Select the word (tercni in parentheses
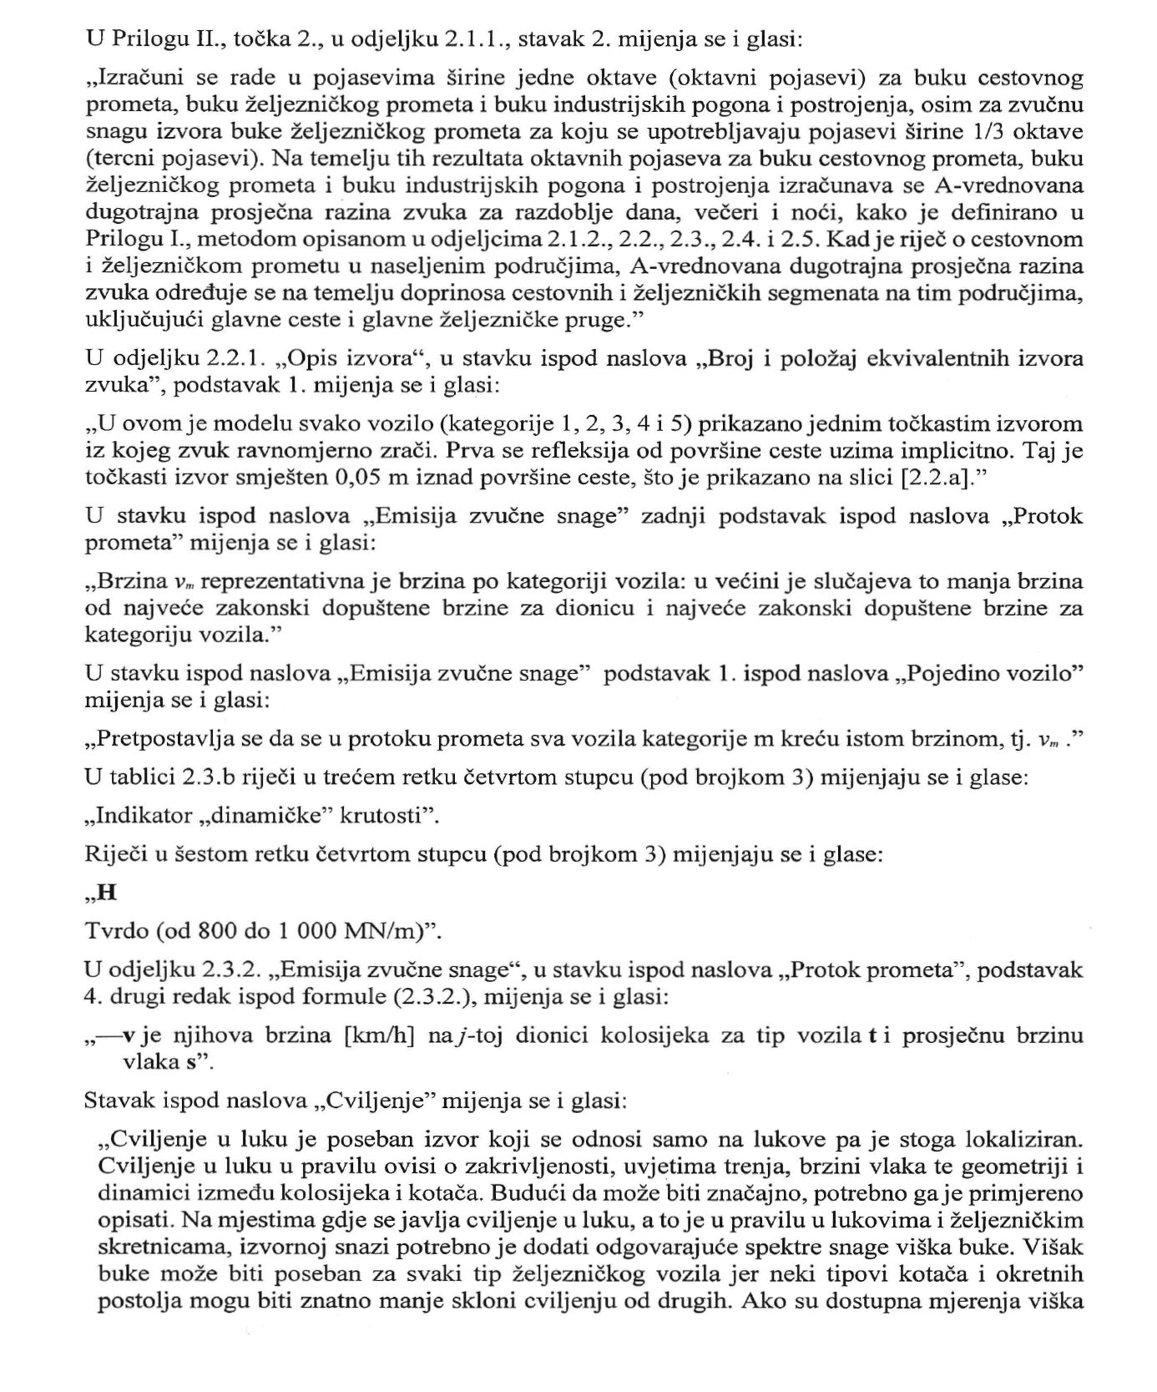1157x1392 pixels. tap(120, 159)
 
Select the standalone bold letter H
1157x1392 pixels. tap(106, 893)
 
